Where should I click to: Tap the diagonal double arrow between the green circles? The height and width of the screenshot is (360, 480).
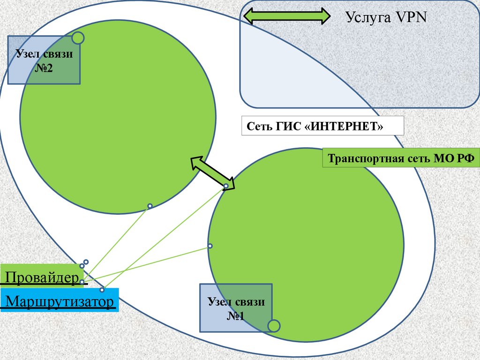click(212, 172)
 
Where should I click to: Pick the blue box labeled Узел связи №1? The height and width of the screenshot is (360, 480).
click(236, 307)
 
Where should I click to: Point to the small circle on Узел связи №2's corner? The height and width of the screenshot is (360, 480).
click(78, 37)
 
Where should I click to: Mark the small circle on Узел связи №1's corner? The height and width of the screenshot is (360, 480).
click(273, 325)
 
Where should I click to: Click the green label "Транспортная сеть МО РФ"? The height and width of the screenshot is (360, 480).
click(401, 158)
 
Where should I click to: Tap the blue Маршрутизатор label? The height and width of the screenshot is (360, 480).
click(59, 300)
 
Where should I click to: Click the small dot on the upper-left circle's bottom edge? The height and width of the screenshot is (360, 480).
click(150, 206)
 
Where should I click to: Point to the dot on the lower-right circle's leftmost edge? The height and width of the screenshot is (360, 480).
click(210, 246)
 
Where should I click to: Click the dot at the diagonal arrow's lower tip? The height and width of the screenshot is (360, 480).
click(226, 186)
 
